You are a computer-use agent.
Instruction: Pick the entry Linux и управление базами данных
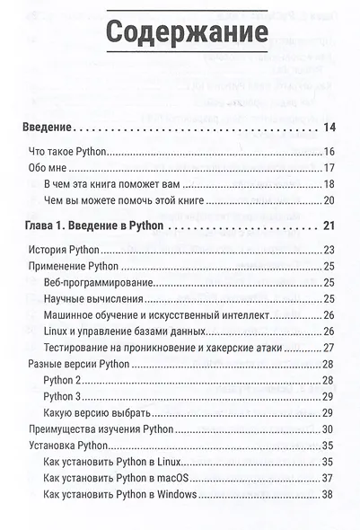coord(119,331)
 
